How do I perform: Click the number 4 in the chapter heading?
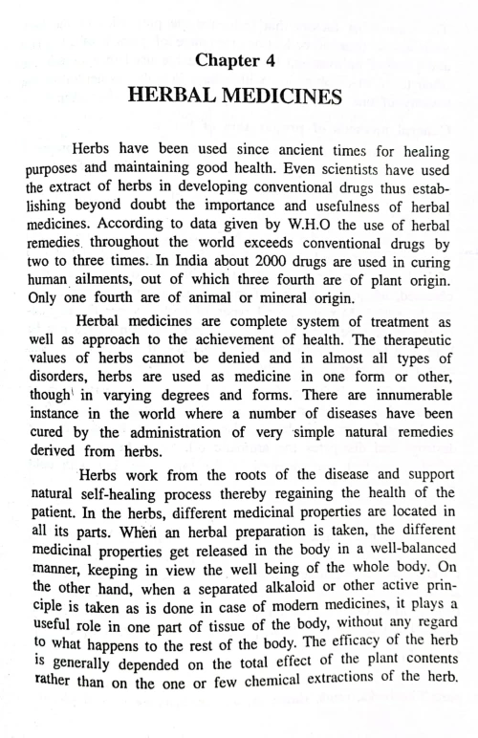282,62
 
